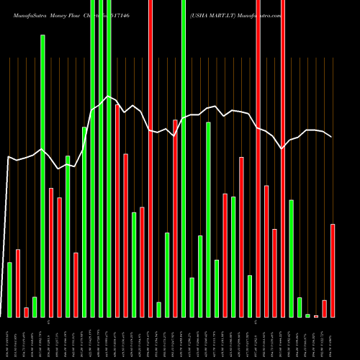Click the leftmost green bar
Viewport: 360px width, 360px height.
point(9,289)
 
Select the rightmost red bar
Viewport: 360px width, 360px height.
point(333,271)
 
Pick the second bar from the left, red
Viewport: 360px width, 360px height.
point(18,283)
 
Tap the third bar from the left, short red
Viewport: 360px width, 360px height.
point(27,312)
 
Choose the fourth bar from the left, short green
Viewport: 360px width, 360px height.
point(35,307)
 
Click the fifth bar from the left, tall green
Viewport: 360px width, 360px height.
point(42,176)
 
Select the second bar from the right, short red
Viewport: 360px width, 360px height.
point(325,308)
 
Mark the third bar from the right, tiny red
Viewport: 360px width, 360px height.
point(316,316)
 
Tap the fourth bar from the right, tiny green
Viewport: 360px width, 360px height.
point(307,315)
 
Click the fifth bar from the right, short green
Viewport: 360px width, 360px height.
point(300,307)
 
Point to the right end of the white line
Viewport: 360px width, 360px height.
point(332,137)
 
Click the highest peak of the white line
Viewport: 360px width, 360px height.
point(109,96)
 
